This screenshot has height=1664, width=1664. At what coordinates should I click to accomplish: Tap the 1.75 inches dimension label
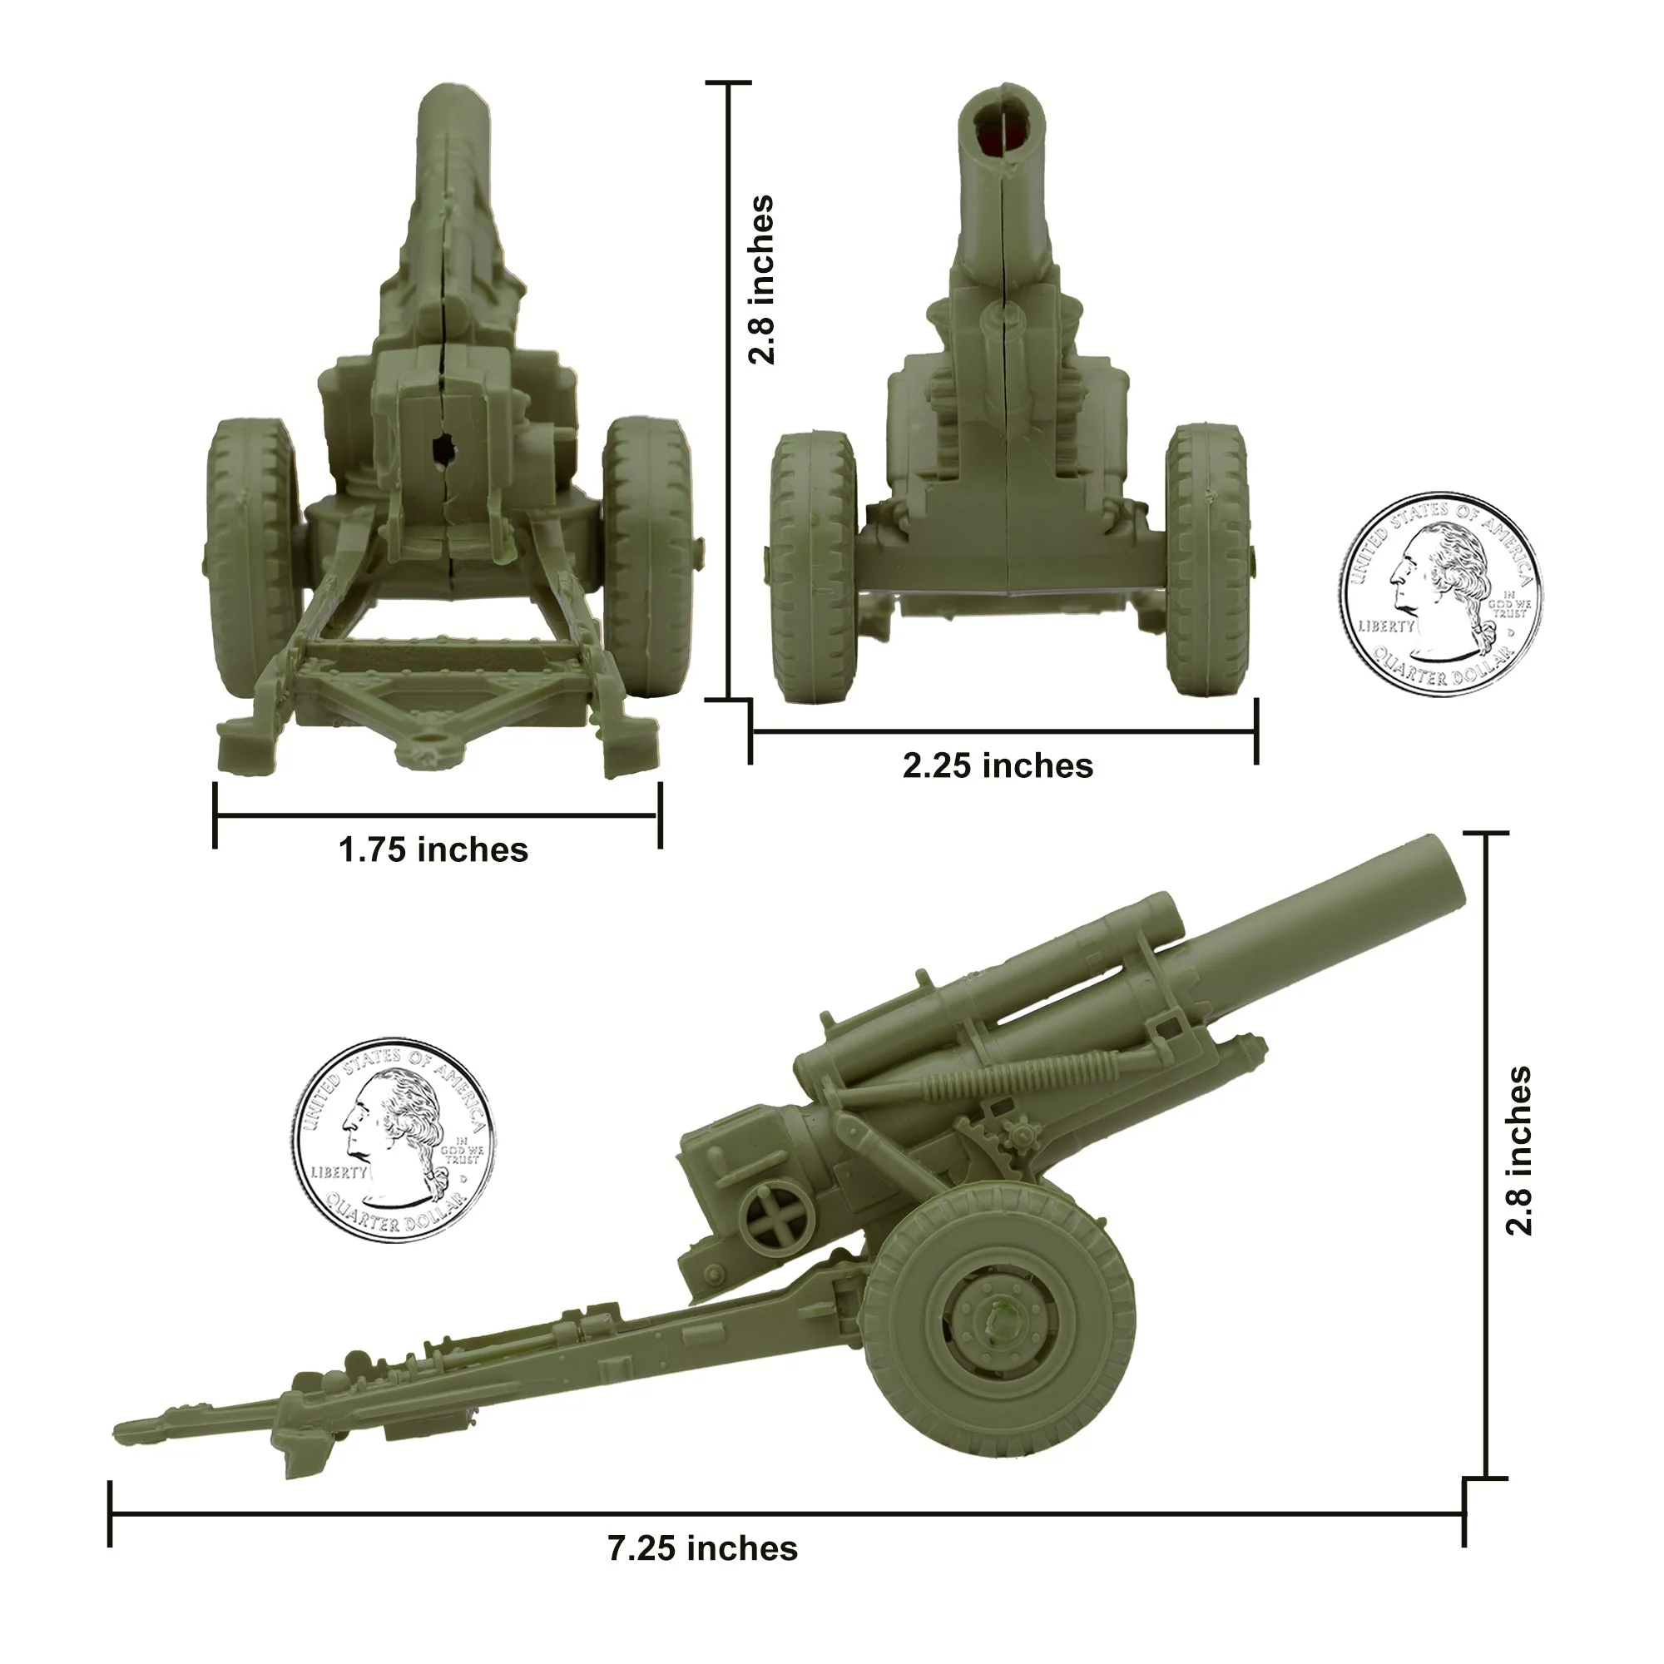(433, 850)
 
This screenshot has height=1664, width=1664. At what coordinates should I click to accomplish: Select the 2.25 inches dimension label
(998, 765)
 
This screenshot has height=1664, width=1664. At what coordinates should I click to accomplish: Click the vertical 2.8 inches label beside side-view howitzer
(1518, 1151)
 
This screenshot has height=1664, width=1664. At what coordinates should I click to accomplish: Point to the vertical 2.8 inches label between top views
(760, 280)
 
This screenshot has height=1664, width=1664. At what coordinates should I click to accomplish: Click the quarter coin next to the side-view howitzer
(394, 1140)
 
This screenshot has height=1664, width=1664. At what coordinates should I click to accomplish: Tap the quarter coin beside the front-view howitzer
(1441, 594)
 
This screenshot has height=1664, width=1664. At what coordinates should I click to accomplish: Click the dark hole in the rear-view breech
(443, 448)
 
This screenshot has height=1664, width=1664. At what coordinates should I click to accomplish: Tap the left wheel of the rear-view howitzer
(250, 556)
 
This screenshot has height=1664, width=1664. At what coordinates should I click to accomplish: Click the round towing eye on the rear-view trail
(424, 739)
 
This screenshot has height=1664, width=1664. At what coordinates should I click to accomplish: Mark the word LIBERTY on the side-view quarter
(339, 1173)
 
